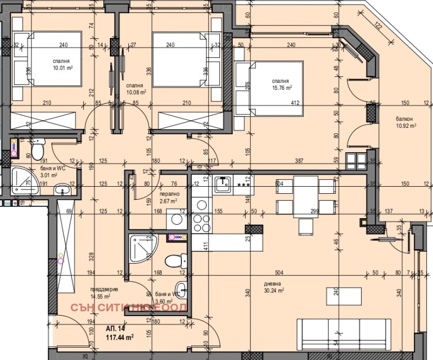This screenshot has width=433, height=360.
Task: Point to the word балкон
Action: [404, 119]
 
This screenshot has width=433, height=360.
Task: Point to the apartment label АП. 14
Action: [115, 329]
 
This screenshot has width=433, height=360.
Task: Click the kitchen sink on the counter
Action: [223, 185]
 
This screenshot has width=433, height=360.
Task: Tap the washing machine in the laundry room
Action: [175, 220]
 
